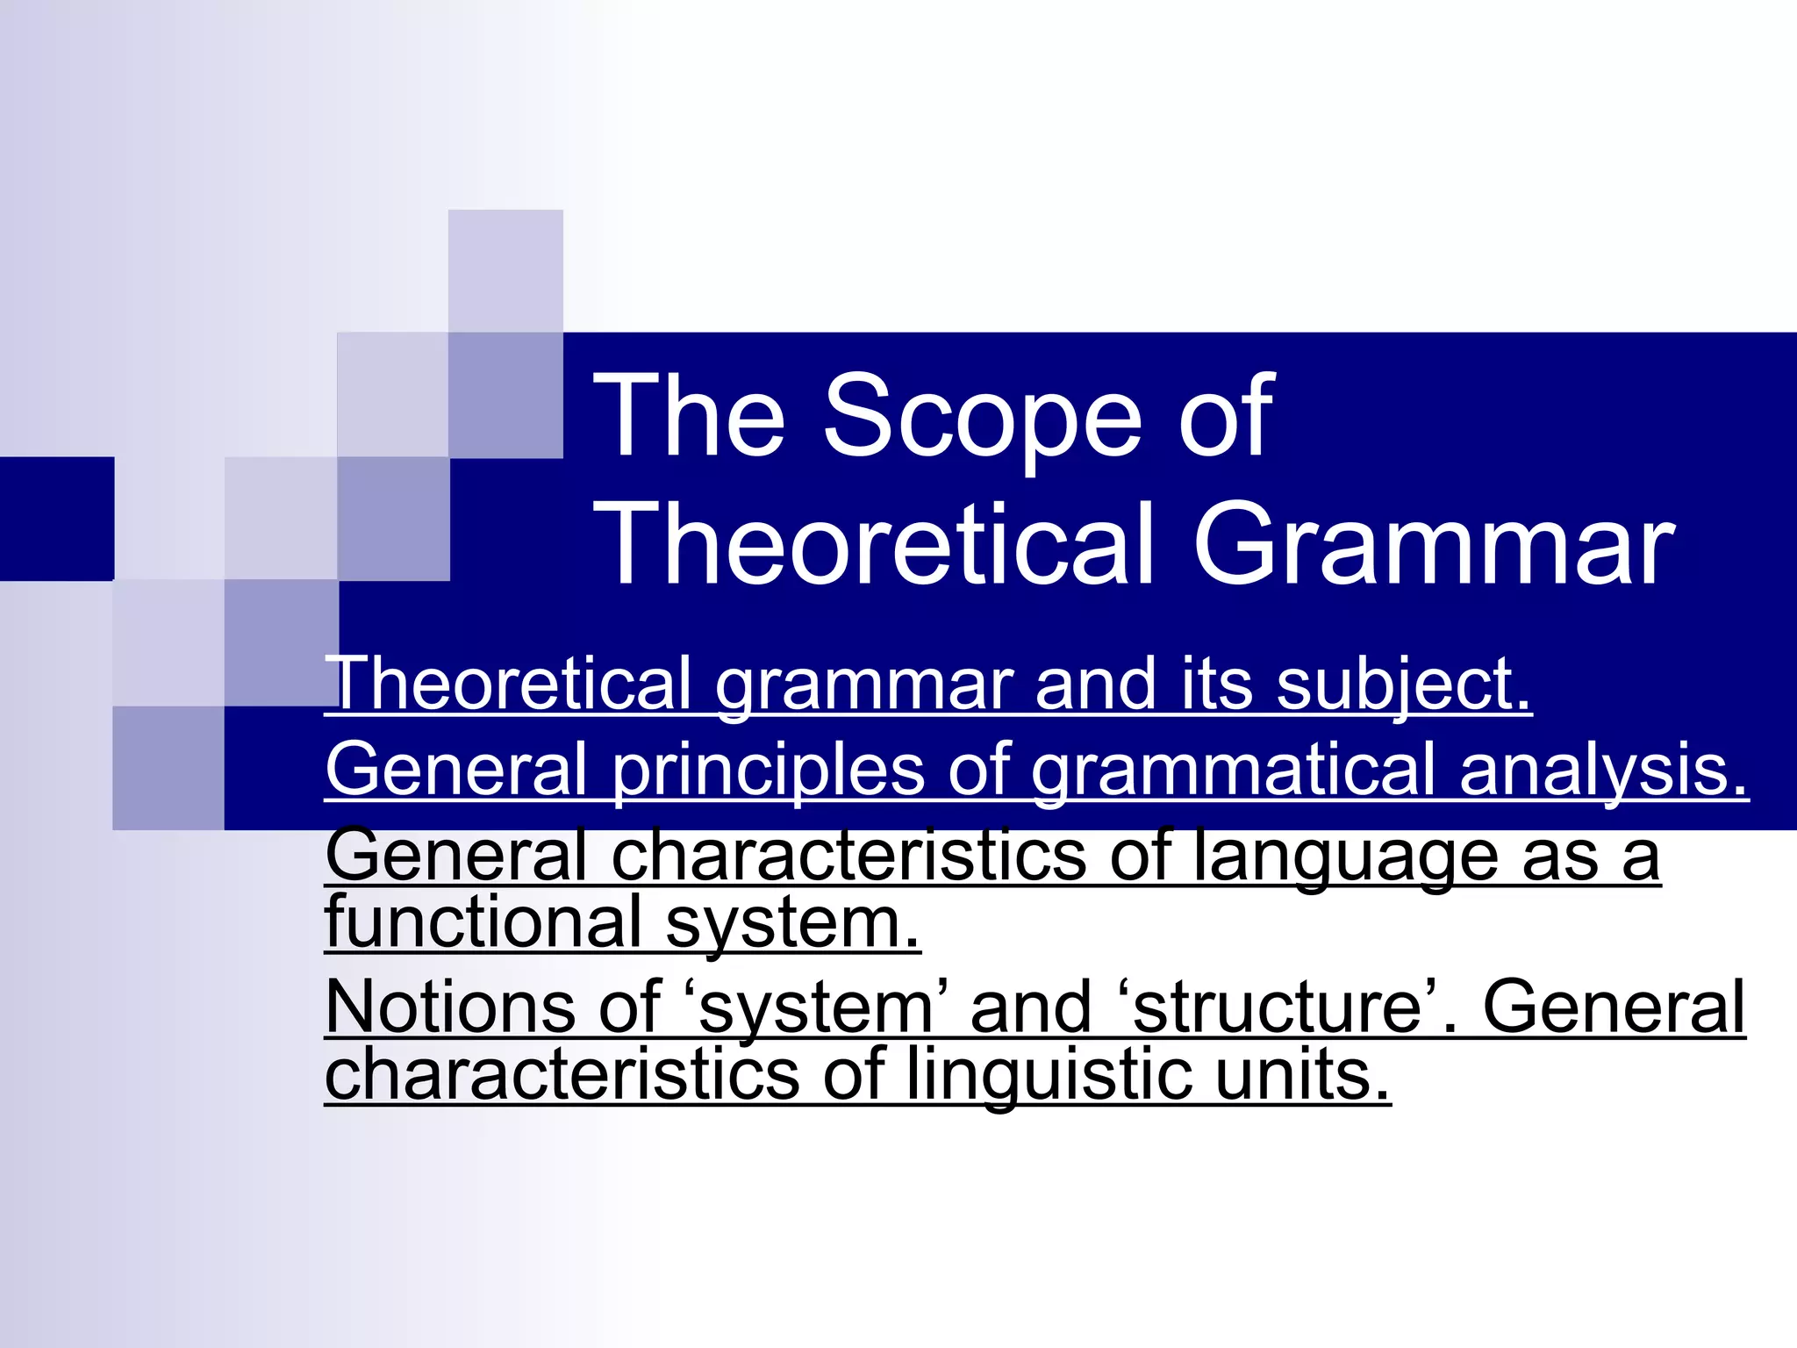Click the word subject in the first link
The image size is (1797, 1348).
1404,685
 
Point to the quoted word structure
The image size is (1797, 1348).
1277,1007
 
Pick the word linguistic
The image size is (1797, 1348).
1049,1074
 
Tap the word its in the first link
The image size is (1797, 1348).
1216,685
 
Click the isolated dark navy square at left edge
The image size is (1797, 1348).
57,518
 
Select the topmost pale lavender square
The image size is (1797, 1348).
505,270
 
